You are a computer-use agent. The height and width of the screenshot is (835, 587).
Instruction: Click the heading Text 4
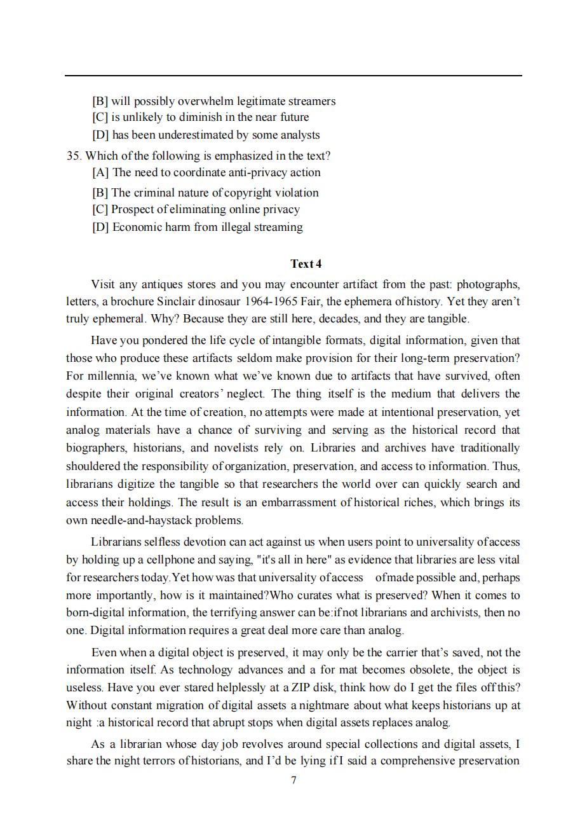pos(306,264)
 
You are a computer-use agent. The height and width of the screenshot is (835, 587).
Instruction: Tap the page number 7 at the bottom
pos(293,780)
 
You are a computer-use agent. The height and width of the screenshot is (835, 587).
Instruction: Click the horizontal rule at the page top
pos(293,76)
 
